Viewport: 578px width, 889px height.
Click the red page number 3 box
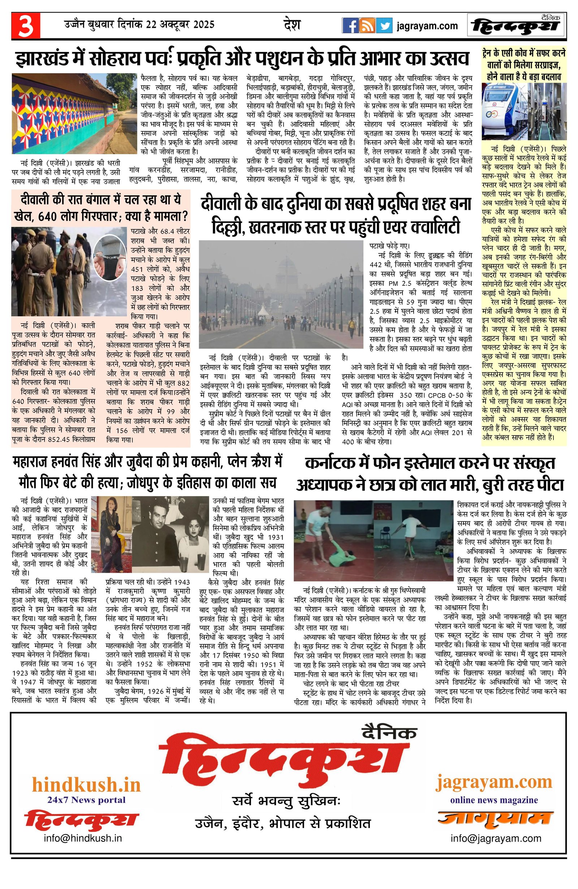pyautogui.click(x=26, y=26)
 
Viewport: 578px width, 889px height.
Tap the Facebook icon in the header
pyautogui.click(x=350, y=26)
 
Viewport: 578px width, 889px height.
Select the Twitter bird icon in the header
pyautogui.click(x=384, y=26)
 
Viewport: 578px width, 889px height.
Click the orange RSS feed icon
pyautogui.click(x=367, y=26)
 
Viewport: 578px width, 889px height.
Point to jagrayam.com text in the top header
pyautogui.click(x=427, y=26)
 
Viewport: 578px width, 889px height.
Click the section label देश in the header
pyautogui.click(x=292, y=25)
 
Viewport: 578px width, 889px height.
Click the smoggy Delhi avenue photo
pyautogui.click(x=281, y=294)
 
